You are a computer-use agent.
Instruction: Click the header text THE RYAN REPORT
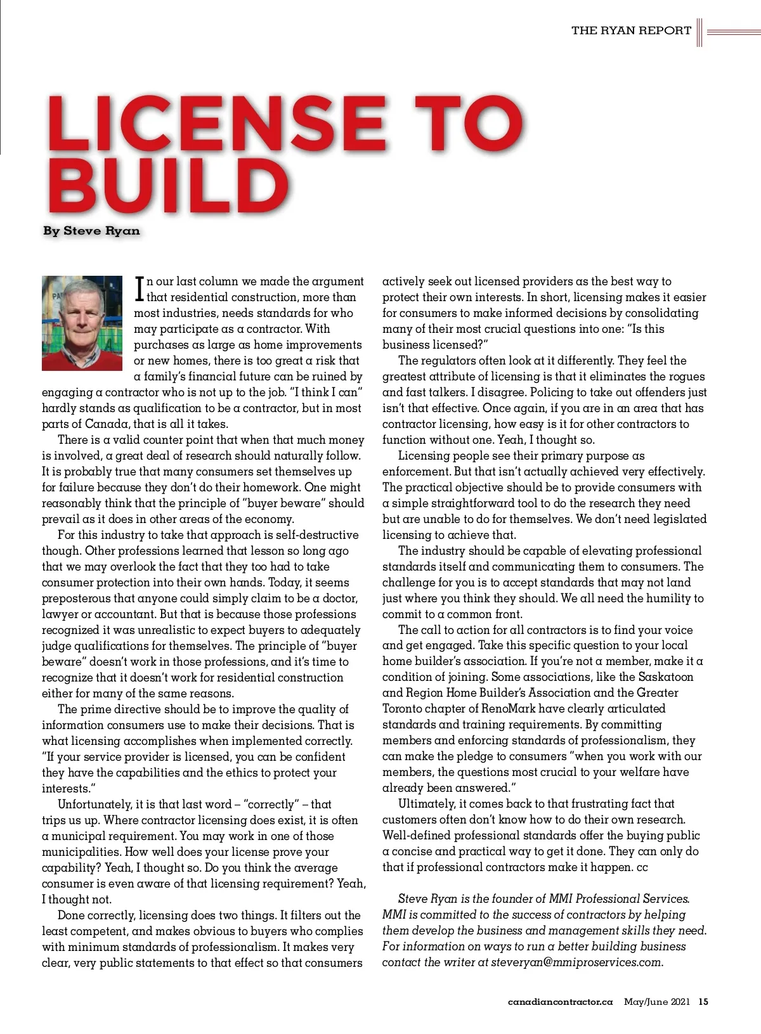click(x=631, y=30)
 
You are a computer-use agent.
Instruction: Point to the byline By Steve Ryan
click(x=91, y=231)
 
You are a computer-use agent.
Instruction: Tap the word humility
click(x=654, y=598)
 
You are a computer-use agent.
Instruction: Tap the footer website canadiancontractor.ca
click(x=560, y=1002)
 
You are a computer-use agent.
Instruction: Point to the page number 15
click(x=703, y=1002)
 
